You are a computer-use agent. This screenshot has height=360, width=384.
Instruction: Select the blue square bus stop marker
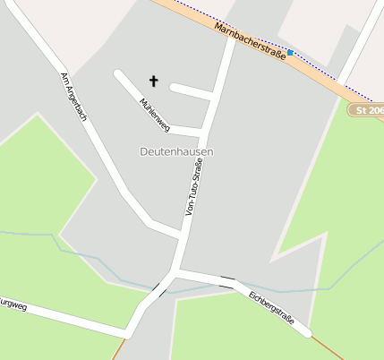tap(290, 53)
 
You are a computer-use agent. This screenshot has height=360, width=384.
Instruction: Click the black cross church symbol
tap(153, 81)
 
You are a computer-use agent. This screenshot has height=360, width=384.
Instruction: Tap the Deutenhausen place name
tap(177, 152)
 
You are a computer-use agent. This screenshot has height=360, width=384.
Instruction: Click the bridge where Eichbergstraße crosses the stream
tap(228, 282)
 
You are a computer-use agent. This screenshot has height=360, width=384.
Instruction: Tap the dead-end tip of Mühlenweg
tap(118, 73)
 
